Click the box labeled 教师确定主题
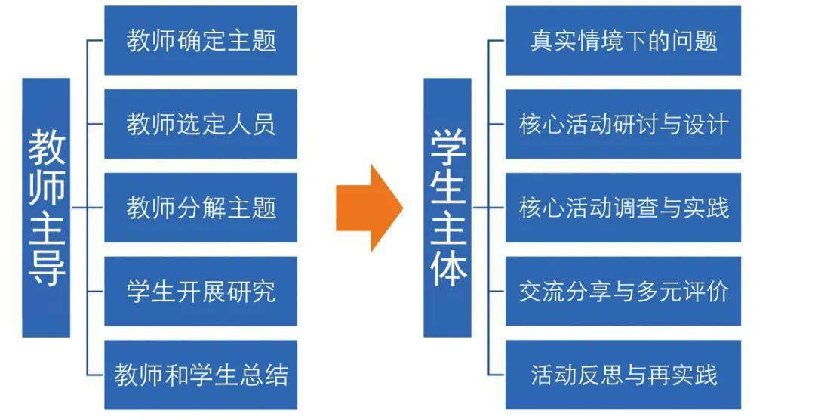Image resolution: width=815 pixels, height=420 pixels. [x=201, y=40]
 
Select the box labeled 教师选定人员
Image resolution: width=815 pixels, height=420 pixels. [x=201, y=124]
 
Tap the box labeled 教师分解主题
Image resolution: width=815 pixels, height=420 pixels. [x=201, y=208]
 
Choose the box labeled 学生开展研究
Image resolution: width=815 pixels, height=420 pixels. [x=201, y=292]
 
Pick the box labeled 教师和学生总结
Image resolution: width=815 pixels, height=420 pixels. [x=201, y=375]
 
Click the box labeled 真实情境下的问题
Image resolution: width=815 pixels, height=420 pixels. [x=623, y=40]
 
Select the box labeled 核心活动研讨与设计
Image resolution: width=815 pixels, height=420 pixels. [x=623, y=124]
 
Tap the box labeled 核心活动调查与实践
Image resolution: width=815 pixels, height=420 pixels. [x=623, y=208]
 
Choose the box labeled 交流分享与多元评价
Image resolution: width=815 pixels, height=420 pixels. [x=623, y=292]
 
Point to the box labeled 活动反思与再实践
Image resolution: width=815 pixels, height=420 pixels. [x=623, y=375]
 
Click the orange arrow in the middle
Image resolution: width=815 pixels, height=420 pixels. [x=369, y=208]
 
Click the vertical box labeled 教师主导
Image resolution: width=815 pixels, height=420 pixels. [x=46, y=208]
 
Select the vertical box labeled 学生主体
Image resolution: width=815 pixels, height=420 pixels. [x=447, y=208]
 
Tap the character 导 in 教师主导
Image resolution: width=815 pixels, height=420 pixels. [x=47, y=267]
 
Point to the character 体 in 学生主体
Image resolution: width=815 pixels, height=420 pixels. [x=447, y=267]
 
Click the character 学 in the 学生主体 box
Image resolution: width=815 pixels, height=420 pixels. [x=447, y=149]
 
